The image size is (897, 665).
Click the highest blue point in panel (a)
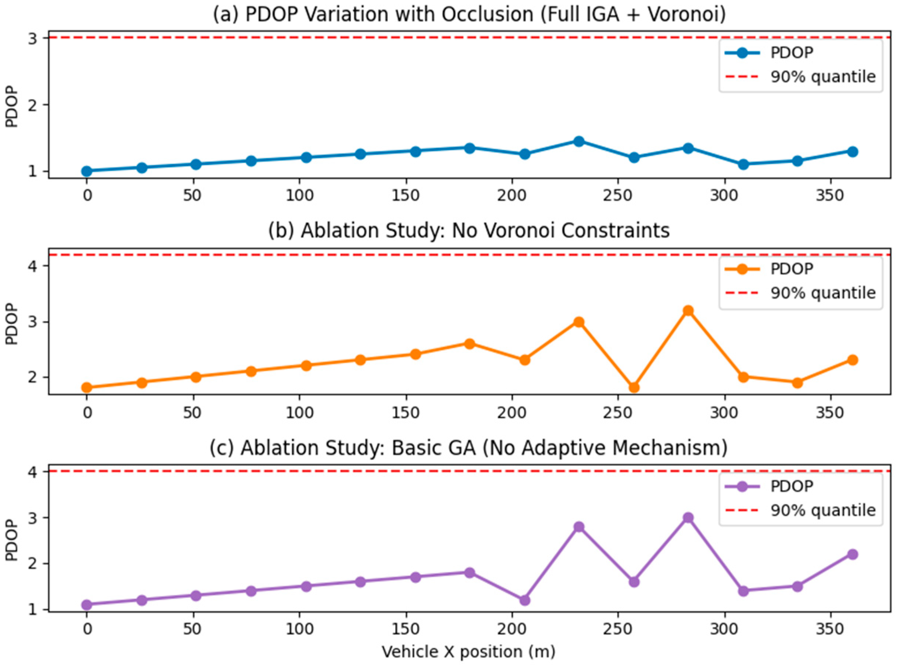tap(579, 141)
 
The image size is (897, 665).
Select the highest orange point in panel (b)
tap(688, 310)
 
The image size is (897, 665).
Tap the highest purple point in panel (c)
tap(688, 518)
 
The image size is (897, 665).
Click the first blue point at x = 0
tap(87, 171)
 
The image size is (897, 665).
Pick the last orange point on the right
tap(853, 360)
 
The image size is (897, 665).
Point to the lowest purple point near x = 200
tap(524, 600)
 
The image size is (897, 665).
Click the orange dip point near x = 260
tap(634, 388)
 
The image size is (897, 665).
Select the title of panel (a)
tap(469, 14)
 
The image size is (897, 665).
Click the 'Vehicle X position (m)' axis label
tap(469, 652)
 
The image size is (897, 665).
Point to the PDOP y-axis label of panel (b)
tap(13, 324)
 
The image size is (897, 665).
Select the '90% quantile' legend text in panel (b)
tap(823, 292)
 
